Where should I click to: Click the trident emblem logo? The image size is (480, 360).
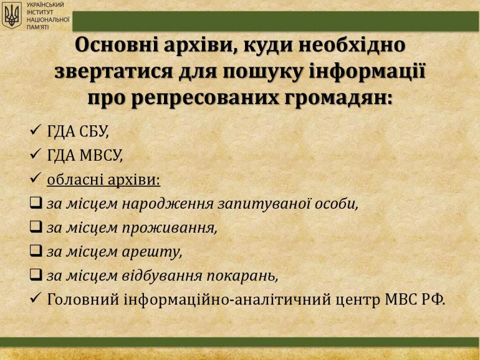pyautogui.click(x=12, y=15)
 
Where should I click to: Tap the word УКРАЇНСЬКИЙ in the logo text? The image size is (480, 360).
pyautogui.click(x=45, y=5)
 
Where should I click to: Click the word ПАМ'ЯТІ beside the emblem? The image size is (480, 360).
pyautogui.click(x=37, y=27)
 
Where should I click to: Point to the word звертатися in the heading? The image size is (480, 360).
pyautogui.click(x=114, y=72)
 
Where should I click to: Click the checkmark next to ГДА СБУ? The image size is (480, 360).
pyautogui.click(x=36, y=130)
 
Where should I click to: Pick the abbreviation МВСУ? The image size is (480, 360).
pyautogui.click(x=101, y=155)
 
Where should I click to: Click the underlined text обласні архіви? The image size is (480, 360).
pyautogui.click(x=103, y=179)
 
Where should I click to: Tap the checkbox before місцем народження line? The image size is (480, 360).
pyautogui.click(x=36, y=202)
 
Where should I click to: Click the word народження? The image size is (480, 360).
pyautogui.click(x=168, y=204)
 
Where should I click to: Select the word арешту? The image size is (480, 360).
pyautogui.click(x=152, y=252)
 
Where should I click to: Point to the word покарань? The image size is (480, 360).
pyautogui.click(x=242, y=276)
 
